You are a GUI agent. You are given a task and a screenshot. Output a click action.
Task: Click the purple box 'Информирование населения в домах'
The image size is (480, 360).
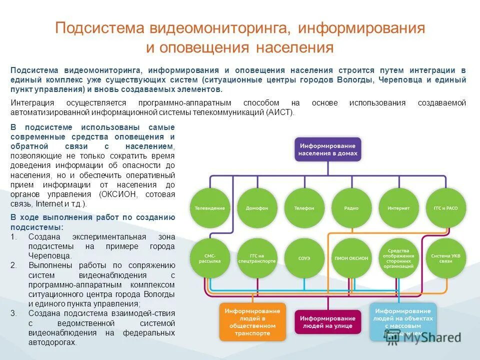[x=328, y=148]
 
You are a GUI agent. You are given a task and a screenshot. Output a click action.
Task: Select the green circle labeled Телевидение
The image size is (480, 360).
[x=209, y=208]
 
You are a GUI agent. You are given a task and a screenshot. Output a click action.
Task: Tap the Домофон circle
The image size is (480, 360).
[x=256, y=208]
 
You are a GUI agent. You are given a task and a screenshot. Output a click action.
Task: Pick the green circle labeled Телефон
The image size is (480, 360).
[x=304, y=208]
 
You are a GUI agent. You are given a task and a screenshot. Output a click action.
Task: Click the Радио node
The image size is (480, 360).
[x=351, y=208]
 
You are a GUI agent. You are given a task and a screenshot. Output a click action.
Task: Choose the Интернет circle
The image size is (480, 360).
[x=398, y=208]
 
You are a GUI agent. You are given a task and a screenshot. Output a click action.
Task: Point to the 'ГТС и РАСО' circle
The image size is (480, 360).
[x=445, y=208]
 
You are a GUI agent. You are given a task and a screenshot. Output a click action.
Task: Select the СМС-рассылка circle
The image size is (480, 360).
[x=209, y=258]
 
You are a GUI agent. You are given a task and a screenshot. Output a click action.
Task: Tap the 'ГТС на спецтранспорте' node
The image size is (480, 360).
[x=256, y=258]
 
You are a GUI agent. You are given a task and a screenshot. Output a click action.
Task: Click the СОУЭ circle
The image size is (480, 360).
[x=304, y=258]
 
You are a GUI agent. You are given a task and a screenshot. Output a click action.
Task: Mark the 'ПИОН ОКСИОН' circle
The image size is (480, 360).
[x=351, y=258]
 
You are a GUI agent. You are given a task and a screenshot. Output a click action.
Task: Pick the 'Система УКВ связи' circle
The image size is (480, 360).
[x=445, y=258]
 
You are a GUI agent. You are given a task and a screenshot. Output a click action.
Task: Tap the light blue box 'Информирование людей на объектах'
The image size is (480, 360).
[x=403, y=321]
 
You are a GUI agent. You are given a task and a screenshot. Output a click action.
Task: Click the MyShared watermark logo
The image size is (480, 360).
[x=423, y=337]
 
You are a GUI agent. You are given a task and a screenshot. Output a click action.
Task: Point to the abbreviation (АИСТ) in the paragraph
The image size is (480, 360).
[x=280, y=112]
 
